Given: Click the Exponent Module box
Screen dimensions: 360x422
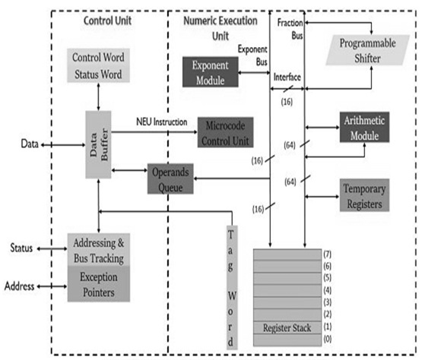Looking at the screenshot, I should (211, 71).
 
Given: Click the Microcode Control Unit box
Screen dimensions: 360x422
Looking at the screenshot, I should (225, 130).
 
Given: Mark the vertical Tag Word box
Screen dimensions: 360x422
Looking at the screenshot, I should (234, 286).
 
